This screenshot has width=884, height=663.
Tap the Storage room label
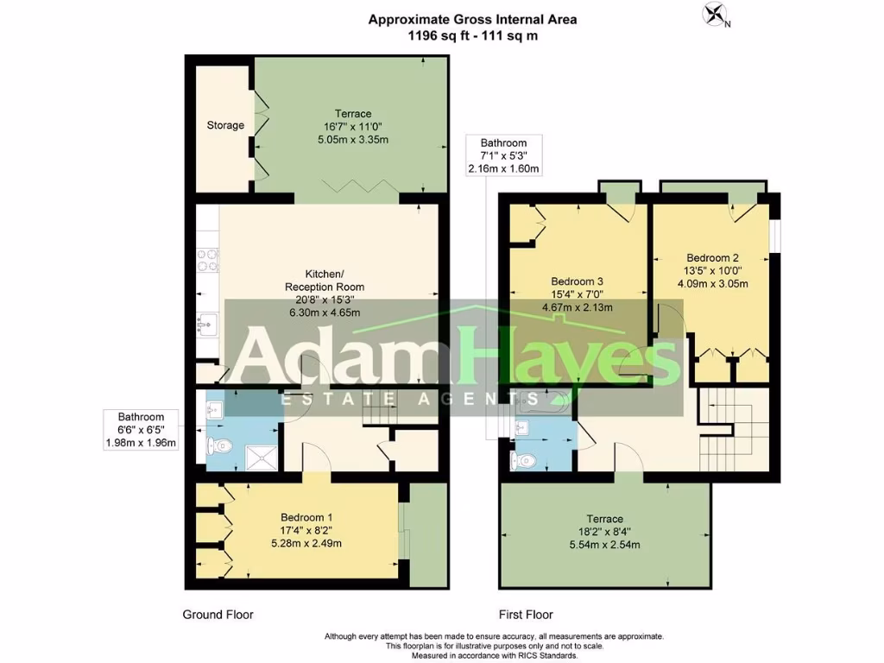tap(225, 125)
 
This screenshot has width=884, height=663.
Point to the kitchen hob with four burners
tap(208, 260)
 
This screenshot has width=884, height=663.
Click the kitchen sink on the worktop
tap(207, 325)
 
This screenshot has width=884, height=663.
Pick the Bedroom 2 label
tap(712, 257)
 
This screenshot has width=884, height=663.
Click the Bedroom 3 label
tap(577, 281)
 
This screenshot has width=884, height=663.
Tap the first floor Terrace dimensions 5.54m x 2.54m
tap(604, 545)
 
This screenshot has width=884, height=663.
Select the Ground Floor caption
tap(218, 615)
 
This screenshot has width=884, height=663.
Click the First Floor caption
tap(526, 615)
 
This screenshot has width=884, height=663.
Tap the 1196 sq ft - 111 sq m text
tap(472, 36)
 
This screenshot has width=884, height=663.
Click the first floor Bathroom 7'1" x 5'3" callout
tap(503, 155)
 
